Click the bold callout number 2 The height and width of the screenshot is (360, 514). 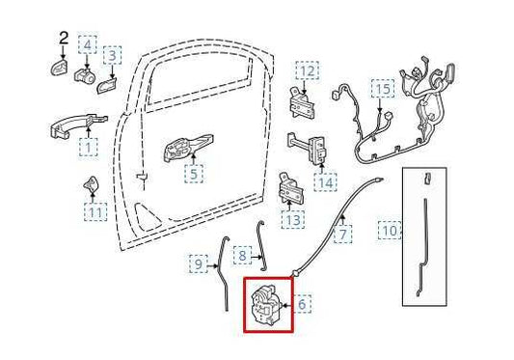[x=64, y=39]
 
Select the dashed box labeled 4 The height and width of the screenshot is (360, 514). [x=87, y=44]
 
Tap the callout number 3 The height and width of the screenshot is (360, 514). [x=112, y=55]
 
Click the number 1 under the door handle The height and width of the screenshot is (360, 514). [x=88, y=147]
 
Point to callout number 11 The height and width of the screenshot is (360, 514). [x=95, y=212]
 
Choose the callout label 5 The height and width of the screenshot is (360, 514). [x=194, y=174]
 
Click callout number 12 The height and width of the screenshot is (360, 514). [x=308, y=70]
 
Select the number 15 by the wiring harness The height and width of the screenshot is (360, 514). [x=383, y=89]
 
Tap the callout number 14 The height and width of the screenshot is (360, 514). [x=326, y=183]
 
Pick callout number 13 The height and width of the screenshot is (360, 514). [x=292, y=219]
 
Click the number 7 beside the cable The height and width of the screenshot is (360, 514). [x=343, y=235]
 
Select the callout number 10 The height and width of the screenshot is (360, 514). [x=390, y=231]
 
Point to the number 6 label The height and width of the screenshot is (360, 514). [x=302, y=304]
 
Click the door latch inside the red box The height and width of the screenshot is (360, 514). [x=264, y=305]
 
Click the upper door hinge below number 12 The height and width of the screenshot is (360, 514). [x=301, y=103]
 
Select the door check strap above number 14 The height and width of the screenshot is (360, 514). [x=308, y=148]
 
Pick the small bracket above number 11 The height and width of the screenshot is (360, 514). [x=91, y=184]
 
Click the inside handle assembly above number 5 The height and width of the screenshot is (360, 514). [x=188, y=148]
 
